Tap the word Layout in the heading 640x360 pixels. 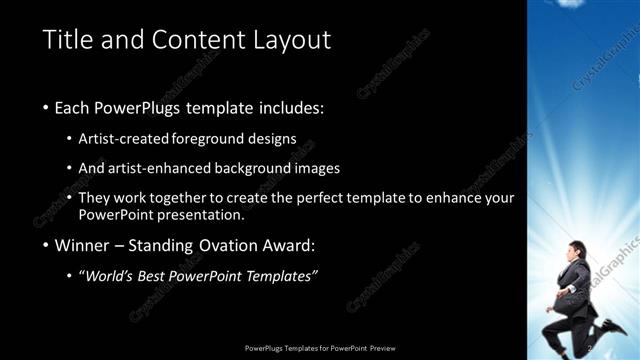pos(290,40)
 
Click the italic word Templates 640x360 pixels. pos(281,275)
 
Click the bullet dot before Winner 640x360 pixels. pos(47,246)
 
